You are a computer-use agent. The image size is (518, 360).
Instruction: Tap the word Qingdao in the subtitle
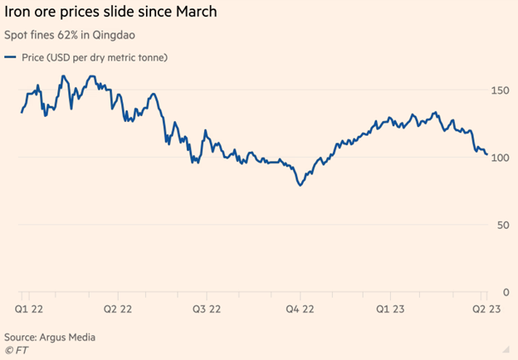point(114,35)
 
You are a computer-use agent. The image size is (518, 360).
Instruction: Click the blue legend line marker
point(11,56)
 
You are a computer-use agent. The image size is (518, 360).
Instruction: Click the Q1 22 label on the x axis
point(29,308)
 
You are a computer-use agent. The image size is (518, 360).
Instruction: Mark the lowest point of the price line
point(300,184)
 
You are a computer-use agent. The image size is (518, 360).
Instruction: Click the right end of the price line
point(486,153)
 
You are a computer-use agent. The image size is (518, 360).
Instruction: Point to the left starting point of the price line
point(22,112)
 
